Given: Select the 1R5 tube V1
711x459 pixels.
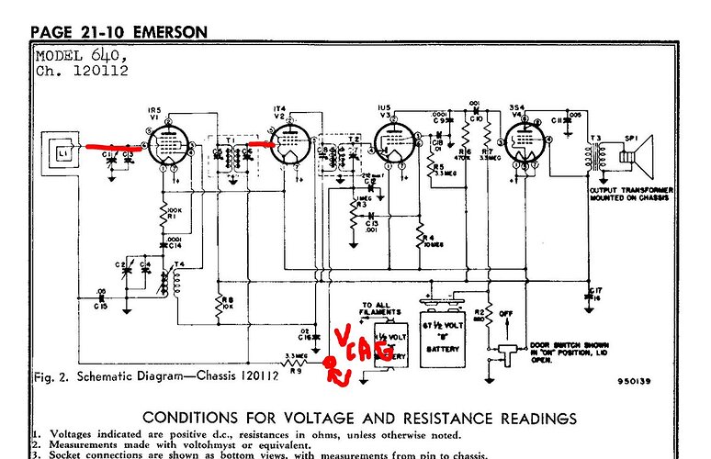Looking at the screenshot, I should tap(166, 145).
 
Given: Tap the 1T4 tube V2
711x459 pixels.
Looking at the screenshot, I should tap(292, 144).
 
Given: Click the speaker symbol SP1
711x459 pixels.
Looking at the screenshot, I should tap(634, 152).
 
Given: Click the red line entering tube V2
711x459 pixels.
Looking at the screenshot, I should tap(262, 143).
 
